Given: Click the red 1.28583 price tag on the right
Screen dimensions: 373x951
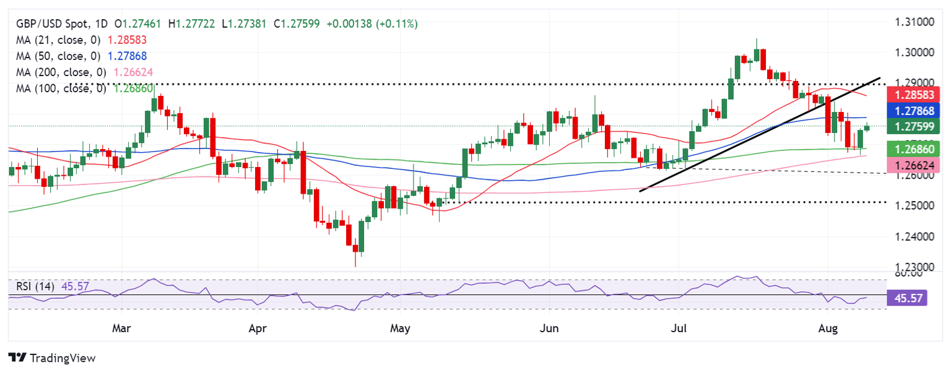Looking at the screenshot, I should click(913, 95).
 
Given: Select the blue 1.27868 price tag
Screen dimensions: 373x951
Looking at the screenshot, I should click(913, 111).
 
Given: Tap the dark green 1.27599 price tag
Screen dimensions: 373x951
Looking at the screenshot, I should click(913, 127).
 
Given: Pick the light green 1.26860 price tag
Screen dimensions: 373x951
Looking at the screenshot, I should click(913, 148).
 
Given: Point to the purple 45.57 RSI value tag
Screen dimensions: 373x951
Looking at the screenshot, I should click(913, 298).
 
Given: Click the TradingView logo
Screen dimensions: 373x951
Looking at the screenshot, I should click(53, 358).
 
